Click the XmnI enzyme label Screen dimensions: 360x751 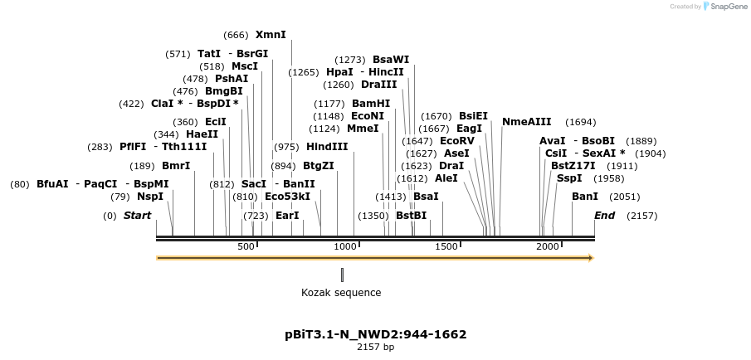pos(271,35)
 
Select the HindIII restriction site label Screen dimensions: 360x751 pos(327,147)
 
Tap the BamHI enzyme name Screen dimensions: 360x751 pos(371,104)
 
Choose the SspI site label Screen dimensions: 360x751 pos(569,178)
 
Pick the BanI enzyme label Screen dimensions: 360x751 pos(585,197)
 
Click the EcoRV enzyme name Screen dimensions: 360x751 pos(456,141)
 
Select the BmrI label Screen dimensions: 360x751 pos(176,166)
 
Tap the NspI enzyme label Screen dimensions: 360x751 pos(150,197)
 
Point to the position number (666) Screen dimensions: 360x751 pos(237,35)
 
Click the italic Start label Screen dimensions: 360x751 pos(138,216)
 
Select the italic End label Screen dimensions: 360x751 pos(605,216)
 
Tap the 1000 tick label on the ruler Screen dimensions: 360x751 pos(345,247)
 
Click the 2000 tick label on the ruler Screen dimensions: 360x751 pos(548,247)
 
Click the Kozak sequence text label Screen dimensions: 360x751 pos(341,293)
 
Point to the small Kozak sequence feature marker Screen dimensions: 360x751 pos(342,275)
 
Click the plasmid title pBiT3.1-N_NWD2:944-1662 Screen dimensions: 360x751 pos(375,334)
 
